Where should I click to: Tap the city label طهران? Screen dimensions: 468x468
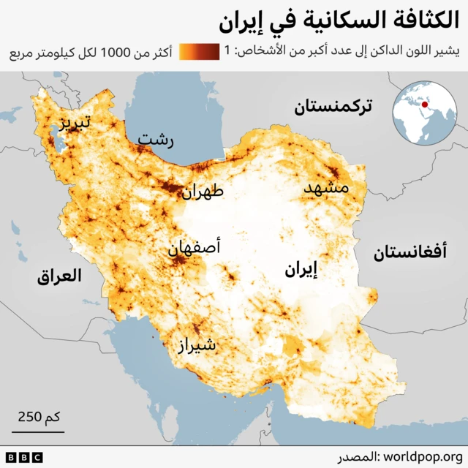(203, 193)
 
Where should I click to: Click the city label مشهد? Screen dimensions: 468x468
(326, 188)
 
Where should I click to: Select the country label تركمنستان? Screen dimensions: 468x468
(333, 107)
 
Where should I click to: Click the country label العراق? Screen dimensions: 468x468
(59, 277)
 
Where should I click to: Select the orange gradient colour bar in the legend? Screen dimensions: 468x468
(199, 53)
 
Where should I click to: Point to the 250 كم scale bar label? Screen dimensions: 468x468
(39, 417)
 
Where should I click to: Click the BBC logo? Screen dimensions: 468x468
(24, 457)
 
